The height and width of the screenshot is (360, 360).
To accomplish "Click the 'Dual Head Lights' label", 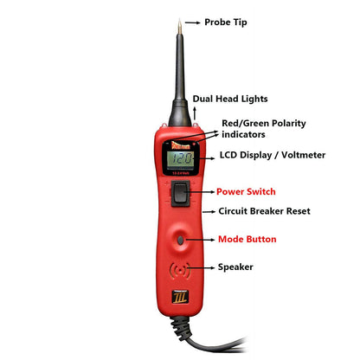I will click(230, 100).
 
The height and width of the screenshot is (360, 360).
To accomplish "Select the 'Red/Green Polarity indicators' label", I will click(264, 129).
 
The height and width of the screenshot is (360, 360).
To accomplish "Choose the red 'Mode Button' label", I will click(247, 238).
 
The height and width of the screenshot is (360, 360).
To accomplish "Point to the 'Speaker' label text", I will click(235, 267).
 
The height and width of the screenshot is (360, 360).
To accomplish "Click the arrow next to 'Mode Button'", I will click(201, 238).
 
